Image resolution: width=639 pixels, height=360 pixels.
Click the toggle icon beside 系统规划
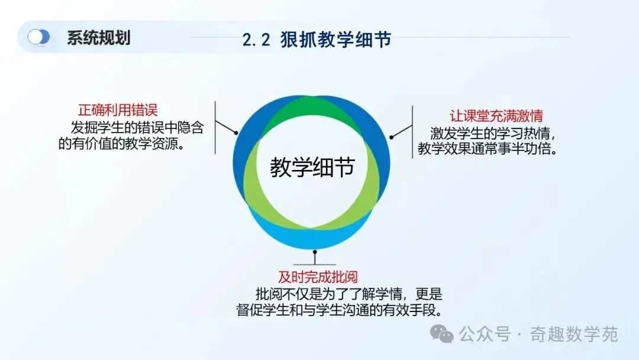coord(38,37)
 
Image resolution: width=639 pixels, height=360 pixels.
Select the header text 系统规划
coord(99,38)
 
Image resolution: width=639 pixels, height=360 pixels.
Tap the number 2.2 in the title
coord(256,40)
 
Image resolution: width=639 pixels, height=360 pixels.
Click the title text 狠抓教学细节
coord(336,40)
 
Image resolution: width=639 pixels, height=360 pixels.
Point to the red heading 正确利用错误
coord(118,110)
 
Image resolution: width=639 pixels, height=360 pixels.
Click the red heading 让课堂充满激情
coord(496,116)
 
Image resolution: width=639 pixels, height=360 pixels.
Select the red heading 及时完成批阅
coord(318,277)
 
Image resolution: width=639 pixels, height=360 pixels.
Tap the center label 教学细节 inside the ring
coord(312,167)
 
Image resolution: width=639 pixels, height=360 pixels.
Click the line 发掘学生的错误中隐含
coord(137,128)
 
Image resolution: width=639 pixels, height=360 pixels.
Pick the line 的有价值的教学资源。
coord(122,144)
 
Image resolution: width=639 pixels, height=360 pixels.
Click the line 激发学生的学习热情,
coord(493,133)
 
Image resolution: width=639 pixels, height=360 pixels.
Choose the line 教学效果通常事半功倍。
coord(488,149)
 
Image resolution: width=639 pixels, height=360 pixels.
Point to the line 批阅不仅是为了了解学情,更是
coord(349,294)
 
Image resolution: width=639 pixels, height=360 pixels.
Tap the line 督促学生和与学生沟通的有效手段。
coord(340,310)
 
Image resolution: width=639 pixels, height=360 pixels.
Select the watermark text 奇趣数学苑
coord(574,335)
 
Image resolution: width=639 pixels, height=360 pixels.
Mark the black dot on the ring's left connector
coord(236,133)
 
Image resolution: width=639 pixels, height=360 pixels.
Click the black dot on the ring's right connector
coord(391,137)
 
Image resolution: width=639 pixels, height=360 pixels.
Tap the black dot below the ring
coord(315,252)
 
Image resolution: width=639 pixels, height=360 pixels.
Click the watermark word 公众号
coord(485,335)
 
